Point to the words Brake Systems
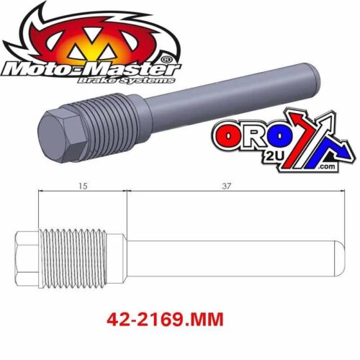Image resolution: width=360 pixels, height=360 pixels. (x=141, y=83)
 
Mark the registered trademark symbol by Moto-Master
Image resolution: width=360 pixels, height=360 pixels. (x=166, y=59)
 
